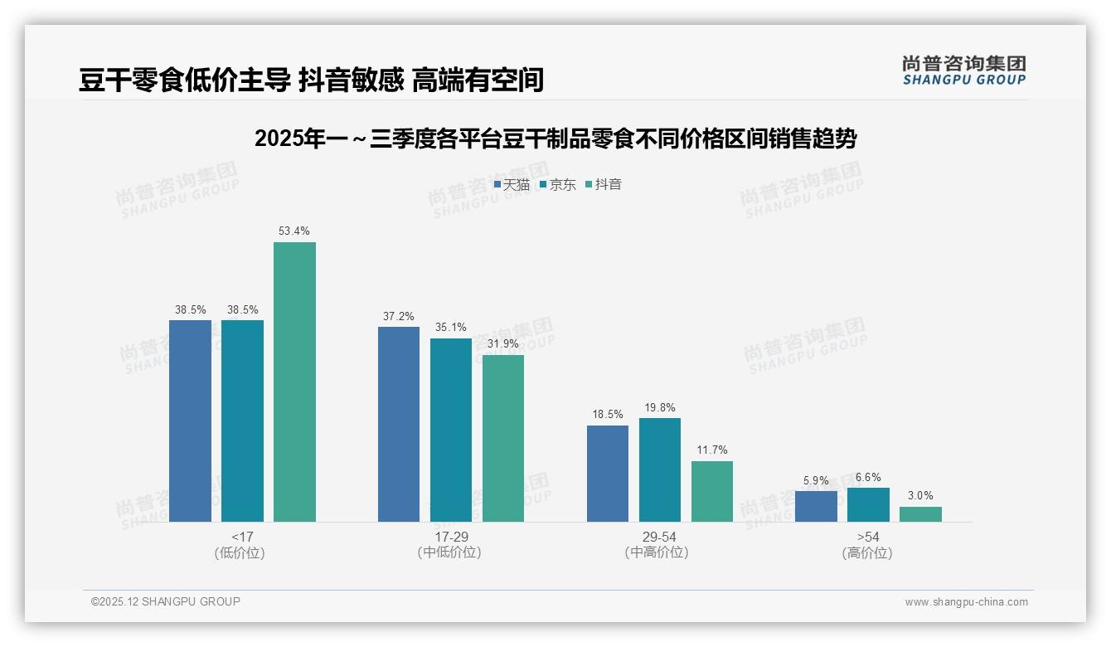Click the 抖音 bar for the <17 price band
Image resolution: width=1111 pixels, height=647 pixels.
pyautogui.click(x=294, y=382)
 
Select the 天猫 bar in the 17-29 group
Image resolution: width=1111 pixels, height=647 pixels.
pyautogui.click(x=399, y=424)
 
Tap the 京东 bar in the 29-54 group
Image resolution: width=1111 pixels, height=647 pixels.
pyautogui.click(x=660, y=469)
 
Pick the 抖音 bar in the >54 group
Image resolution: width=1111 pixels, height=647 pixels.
pyautogui.click(x=920, y=514)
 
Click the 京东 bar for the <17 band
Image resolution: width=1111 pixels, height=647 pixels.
pyautogui.click(x=242, y=421)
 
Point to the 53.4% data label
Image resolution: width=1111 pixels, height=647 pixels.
pyautogui.click(x=294, y=231)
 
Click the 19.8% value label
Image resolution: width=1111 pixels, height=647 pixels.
pyautogui.click(x=660, y=407)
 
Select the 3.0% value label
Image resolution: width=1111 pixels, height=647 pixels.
pyautogui.click(x=920, y=496)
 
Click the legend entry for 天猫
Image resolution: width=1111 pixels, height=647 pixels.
pyautogui.click(x=512, y=185)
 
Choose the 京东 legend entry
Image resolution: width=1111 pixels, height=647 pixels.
pyautogui.click(x=558, y=185)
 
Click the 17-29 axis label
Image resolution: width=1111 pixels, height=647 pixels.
pyautogui.click(x=451, y=538)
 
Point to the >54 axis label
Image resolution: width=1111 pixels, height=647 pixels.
pyautogui.click(x=868, y=538)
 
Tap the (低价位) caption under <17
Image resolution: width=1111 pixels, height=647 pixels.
pyautogui.click(x=240, y=553)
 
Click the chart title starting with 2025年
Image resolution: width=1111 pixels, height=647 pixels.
pyautogui.click(x=555, y=139)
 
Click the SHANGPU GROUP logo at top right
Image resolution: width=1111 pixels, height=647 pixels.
pyautogui.click(x=964, y=71)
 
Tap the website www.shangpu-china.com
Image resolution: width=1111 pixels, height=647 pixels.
pyautogui.click(x=966, y=602)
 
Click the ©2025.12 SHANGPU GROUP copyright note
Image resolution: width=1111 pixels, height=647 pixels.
pyautogui.click(x=166, y=602)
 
